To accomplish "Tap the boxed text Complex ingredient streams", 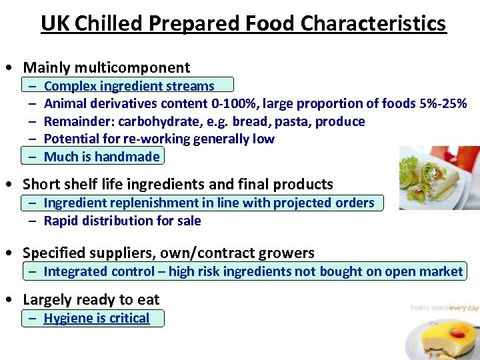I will click(x=129, y=86).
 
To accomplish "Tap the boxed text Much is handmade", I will click(x=101, y=157).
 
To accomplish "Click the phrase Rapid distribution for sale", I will click(x=122, y=221).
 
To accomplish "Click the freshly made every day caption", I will click(x=443, y=308).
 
